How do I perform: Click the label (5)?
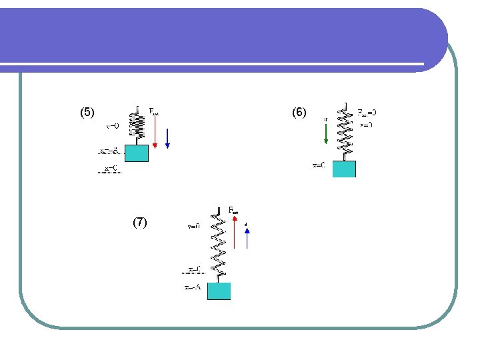(87, 113)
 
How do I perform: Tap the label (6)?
(299, 113)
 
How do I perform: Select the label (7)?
(139, 222)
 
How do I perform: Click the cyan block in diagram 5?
(136, 153)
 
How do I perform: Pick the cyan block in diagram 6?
(344, 169)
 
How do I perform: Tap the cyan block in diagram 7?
(219, 291)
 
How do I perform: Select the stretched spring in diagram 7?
(218, 243)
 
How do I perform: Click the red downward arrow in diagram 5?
(155, 130)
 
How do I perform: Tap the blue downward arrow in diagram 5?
(167, 136)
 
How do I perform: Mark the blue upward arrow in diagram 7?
(247, 238)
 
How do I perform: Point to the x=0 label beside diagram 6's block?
(319, 165)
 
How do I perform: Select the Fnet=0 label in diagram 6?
(367, 112)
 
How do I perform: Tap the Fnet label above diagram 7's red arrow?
(234, 210)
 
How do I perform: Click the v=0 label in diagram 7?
(193, 226)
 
